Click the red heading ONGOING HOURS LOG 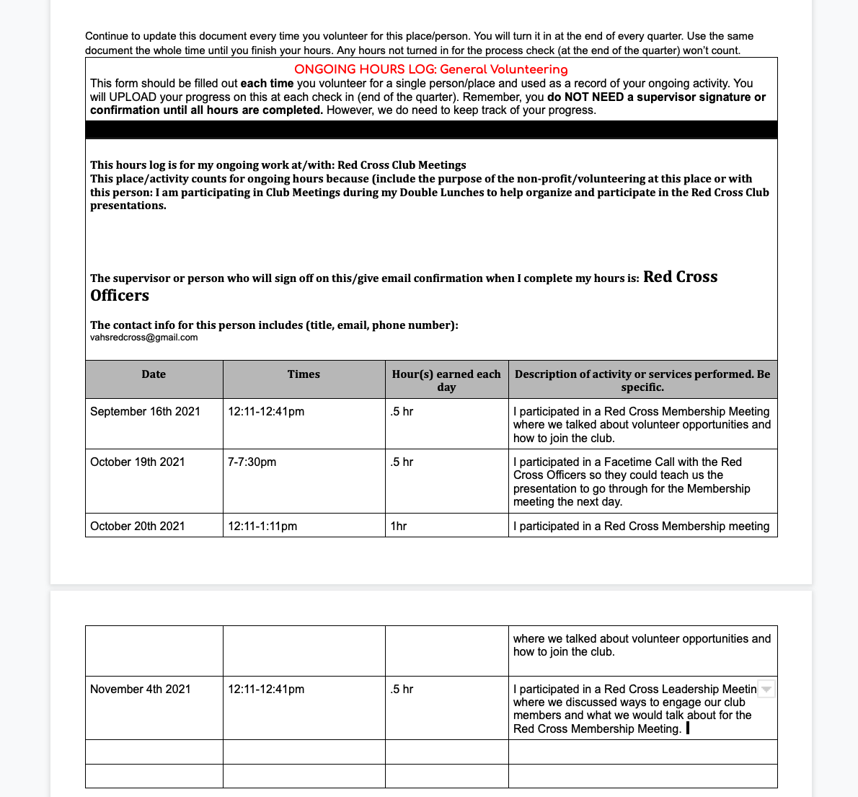tap(431, 70)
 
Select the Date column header tap(154, 374)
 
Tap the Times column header tap(304, 374)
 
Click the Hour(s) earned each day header tap(446, 380)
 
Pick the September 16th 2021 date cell tap(145, 412)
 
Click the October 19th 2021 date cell tap(137, 462)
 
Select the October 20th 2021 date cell tap(137, 527)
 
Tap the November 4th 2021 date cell tap(140, 690)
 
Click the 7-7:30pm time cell tap(252, 462)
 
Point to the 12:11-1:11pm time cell tap(262, 527)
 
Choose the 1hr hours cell tap(398, 527)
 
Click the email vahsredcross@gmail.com tap(143, 338)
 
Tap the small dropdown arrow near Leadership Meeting tap(766, 690)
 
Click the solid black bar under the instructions tap(431, 130)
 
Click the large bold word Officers tap(120, 296)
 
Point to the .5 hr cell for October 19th tap(402, 462)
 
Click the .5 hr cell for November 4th tap(402, 690)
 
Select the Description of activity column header tap(642, 380)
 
